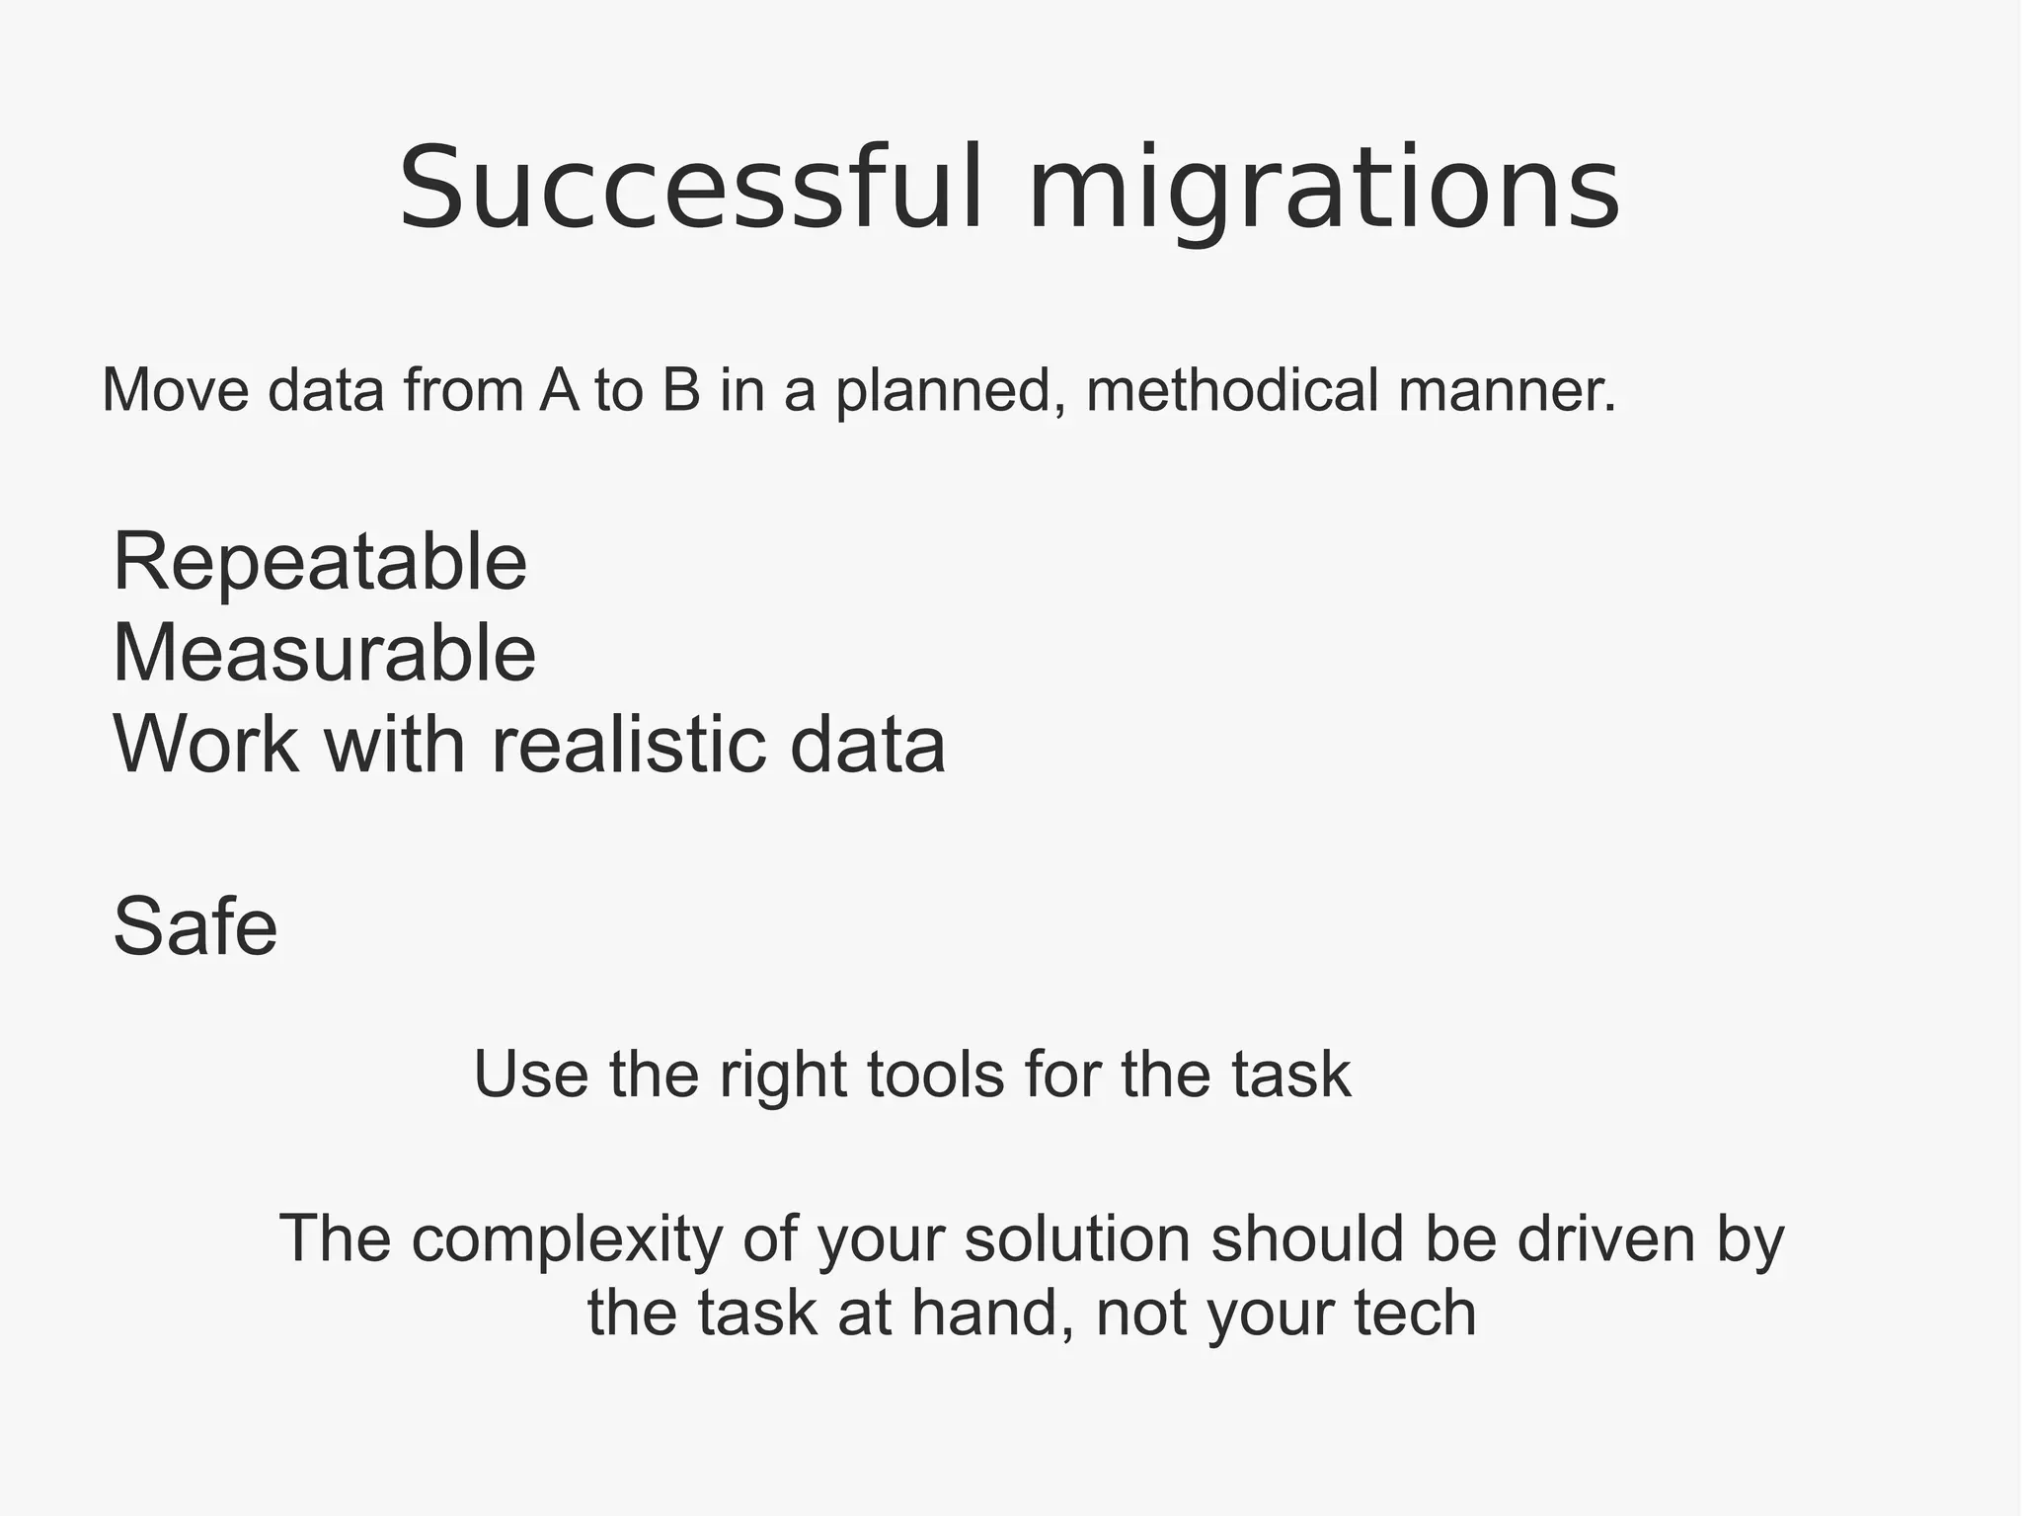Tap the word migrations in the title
tap(1323, 190)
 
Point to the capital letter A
tap(559, 389)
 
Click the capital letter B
tap(681, 389)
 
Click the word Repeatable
tap(320, 563)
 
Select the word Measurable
tap(325, 653)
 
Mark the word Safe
tap(195, 926)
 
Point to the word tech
tap(1414, 1314)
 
